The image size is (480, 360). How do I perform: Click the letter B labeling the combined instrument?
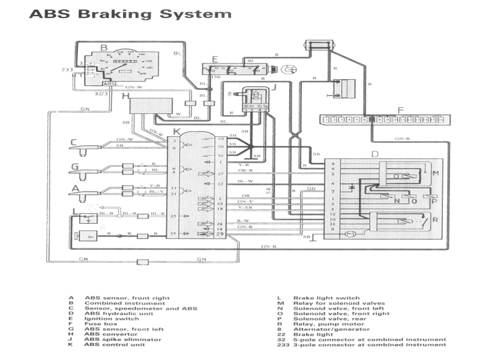(x=103, y=46)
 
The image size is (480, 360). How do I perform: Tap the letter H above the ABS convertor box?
(x=125, y=95)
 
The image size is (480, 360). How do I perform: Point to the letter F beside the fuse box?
(x=400, y=110)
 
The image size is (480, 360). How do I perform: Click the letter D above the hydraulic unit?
(x=374, y=155)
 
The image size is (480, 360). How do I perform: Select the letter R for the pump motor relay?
(x=436, y=220)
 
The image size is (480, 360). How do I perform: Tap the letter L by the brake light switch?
(x=74, y=211)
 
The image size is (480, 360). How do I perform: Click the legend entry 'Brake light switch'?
(x=326, y=298)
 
